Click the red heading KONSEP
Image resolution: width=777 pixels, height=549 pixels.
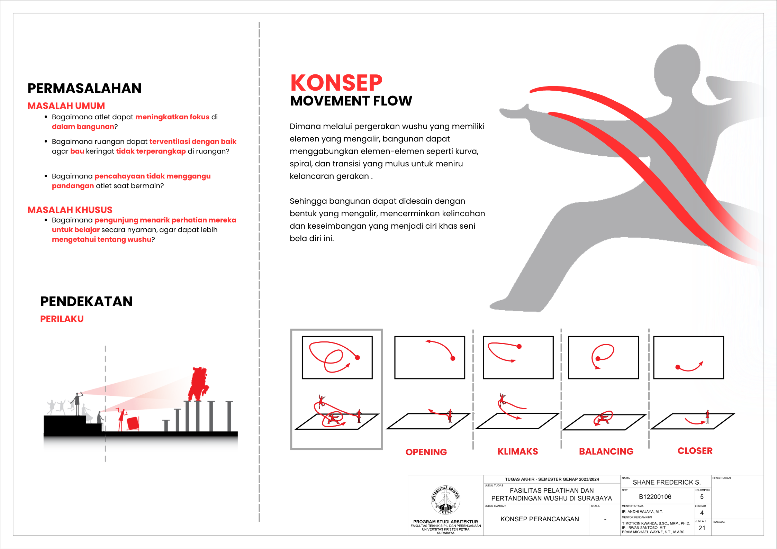[336, 83]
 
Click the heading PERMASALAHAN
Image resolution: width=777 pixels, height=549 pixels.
[84, 89]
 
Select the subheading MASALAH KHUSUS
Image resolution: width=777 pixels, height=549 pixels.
[70, 210]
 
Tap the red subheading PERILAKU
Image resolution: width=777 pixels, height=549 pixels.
[62, 319]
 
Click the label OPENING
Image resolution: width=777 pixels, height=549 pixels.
[426, 452]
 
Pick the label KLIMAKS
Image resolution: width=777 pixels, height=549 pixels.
[518, 451]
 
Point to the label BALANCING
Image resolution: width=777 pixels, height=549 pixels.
[606, 451]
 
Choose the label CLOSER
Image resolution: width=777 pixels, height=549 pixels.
[695, 451]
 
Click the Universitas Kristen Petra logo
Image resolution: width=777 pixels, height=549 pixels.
[445, 500]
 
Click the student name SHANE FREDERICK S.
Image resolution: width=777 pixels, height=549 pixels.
[667, 482]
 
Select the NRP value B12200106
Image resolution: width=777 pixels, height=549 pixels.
[655, 497]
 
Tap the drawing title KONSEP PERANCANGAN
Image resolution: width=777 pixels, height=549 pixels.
[540, 519]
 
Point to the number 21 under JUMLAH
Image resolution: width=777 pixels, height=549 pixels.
[702, 528]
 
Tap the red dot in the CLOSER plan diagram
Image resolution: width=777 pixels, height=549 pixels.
[678, 367]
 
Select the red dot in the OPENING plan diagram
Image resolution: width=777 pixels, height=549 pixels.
[453, 358]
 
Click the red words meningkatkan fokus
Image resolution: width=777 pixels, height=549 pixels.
[172, 117]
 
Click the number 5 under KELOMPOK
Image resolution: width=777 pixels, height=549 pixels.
[702, 497]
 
